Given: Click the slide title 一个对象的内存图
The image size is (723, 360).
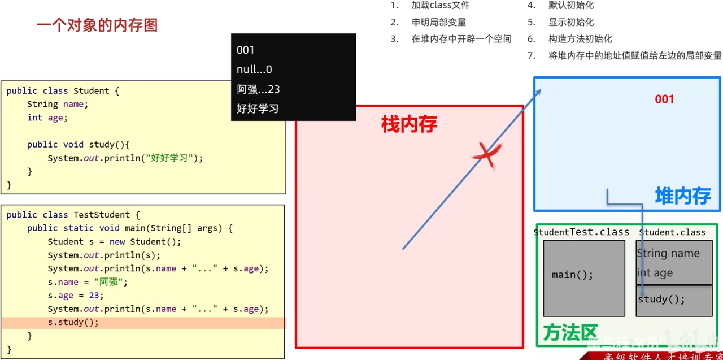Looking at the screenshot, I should click(97, 25).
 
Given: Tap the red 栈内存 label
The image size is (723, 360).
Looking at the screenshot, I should click(409, 124).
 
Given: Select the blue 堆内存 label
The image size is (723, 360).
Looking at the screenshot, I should click(682, 196).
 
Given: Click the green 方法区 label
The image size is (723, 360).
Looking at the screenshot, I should click(569, 332).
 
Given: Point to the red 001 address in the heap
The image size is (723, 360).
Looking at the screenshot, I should click(664, 99).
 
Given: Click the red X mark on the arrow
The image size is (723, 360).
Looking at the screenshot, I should click(487, 154).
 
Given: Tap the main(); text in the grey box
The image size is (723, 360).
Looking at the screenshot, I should click(572, 275).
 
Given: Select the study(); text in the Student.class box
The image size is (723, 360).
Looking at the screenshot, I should click(661, 300).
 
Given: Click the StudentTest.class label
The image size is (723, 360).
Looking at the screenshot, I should click(581, 232).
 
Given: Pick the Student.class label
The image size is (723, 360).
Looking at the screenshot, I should click(672, 232).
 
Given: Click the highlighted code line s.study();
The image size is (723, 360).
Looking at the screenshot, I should click(73, 322).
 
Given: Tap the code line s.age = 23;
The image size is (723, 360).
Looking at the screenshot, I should click(76, 295).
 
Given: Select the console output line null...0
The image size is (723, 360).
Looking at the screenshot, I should click(254, 70).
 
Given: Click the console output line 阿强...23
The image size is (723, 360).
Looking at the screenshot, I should click(258, 89).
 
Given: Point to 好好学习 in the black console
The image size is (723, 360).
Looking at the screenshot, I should click(258, 109).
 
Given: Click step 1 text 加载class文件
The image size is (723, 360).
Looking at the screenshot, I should click(441, 6).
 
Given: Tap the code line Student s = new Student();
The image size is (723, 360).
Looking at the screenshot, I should click(114, 241).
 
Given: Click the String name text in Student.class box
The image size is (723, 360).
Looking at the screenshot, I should click(668, 253).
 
